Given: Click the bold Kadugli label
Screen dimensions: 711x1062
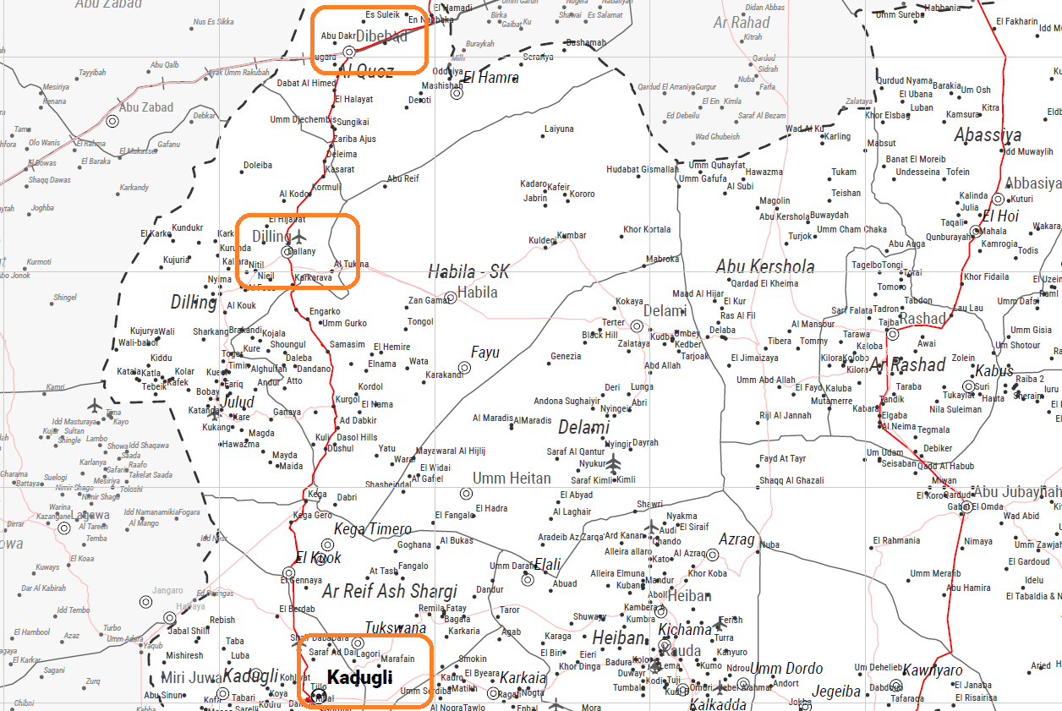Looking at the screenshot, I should (x=359, y=677).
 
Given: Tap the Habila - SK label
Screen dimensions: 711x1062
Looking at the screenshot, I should (x=468, y=271).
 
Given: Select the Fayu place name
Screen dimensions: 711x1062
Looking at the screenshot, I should (x=485, y=353).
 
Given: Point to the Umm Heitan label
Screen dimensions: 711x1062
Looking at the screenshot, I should (x=512, y=479).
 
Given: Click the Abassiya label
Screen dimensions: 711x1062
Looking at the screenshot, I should (x=988, y=134).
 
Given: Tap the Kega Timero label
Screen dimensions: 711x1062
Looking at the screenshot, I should (x=373, y=529).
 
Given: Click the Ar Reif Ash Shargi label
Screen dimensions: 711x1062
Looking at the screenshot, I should (x=390, y=591).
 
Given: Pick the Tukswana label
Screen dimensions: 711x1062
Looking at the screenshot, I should (x=396, y=628).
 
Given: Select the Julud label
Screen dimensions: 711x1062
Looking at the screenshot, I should (x=238, y=402).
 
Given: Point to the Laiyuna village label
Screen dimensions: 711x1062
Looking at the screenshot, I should (x=559, y=129).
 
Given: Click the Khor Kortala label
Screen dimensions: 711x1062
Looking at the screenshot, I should (x=647, y=230).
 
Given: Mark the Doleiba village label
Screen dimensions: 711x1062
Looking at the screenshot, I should (x=258, y=166).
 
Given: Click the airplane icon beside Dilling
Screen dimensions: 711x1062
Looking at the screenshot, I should (x=299, y=236).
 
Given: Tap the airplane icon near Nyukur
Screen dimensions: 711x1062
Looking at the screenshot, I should (x=613, y=463).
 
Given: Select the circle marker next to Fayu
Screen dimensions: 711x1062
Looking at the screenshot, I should (x=464, y=368).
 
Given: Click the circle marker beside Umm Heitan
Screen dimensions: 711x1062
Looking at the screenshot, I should (x=466, y=494).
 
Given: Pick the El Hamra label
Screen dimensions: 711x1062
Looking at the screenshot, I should (x=491, y=78).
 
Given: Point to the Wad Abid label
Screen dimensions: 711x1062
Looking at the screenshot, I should (x=1020, y=516).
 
